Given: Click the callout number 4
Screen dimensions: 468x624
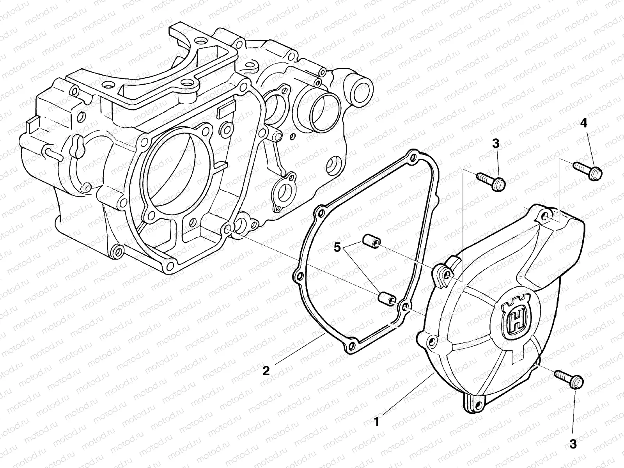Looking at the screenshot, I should [x=583, y=124].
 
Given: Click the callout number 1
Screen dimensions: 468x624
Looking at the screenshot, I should [x=376, y=422].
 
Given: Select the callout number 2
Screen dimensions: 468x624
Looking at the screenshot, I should [x=266, y=371].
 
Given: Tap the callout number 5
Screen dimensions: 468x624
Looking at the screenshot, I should [x=337, y=246].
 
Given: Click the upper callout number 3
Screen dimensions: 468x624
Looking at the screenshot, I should [x=495, y=144].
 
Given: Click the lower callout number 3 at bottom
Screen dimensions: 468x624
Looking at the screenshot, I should [x=573, y=443].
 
